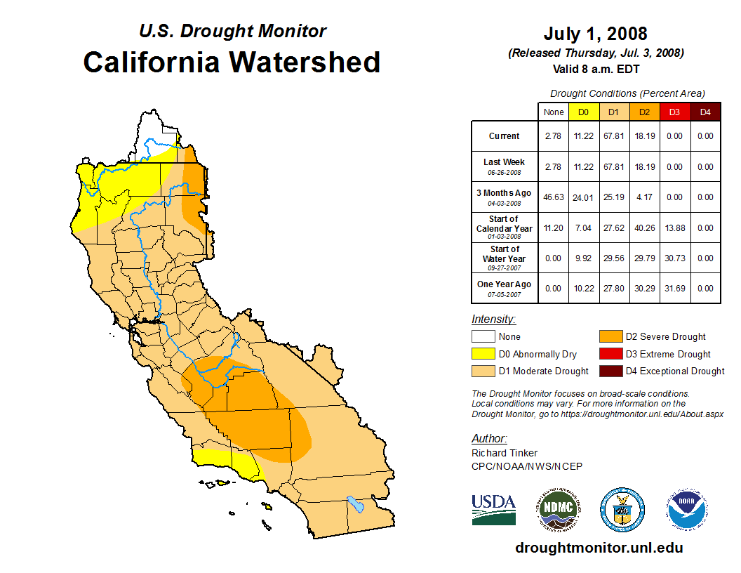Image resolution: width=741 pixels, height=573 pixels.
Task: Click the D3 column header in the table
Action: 674,112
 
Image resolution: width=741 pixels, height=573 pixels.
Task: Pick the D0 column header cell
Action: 583,112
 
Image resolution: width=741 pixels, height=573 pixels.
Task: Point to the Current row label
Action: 505,136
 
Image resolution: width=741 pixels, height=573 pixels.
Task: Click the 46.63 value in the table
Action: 554,197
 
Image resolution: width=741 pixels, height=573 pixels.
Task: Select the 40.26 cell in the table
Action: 644,228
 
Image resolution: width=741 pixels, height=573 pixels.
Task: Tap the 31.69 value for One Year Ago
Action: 674,289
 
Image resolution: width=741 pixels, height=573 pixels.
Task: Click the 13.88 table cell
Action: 674,228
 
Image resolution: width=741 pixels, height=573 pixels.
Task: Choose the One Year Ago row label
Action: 505,284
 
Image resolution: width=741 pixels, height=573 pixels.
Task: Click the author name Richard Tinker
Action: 505,453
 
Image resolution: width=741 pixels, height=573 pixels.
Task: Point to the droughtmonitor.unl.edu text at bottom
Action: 599,548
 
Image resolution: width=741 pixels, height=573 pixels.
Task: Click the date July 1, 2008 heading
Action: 595,34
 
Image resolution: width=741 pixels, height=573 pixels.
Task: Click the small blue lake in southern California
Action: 356,504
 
